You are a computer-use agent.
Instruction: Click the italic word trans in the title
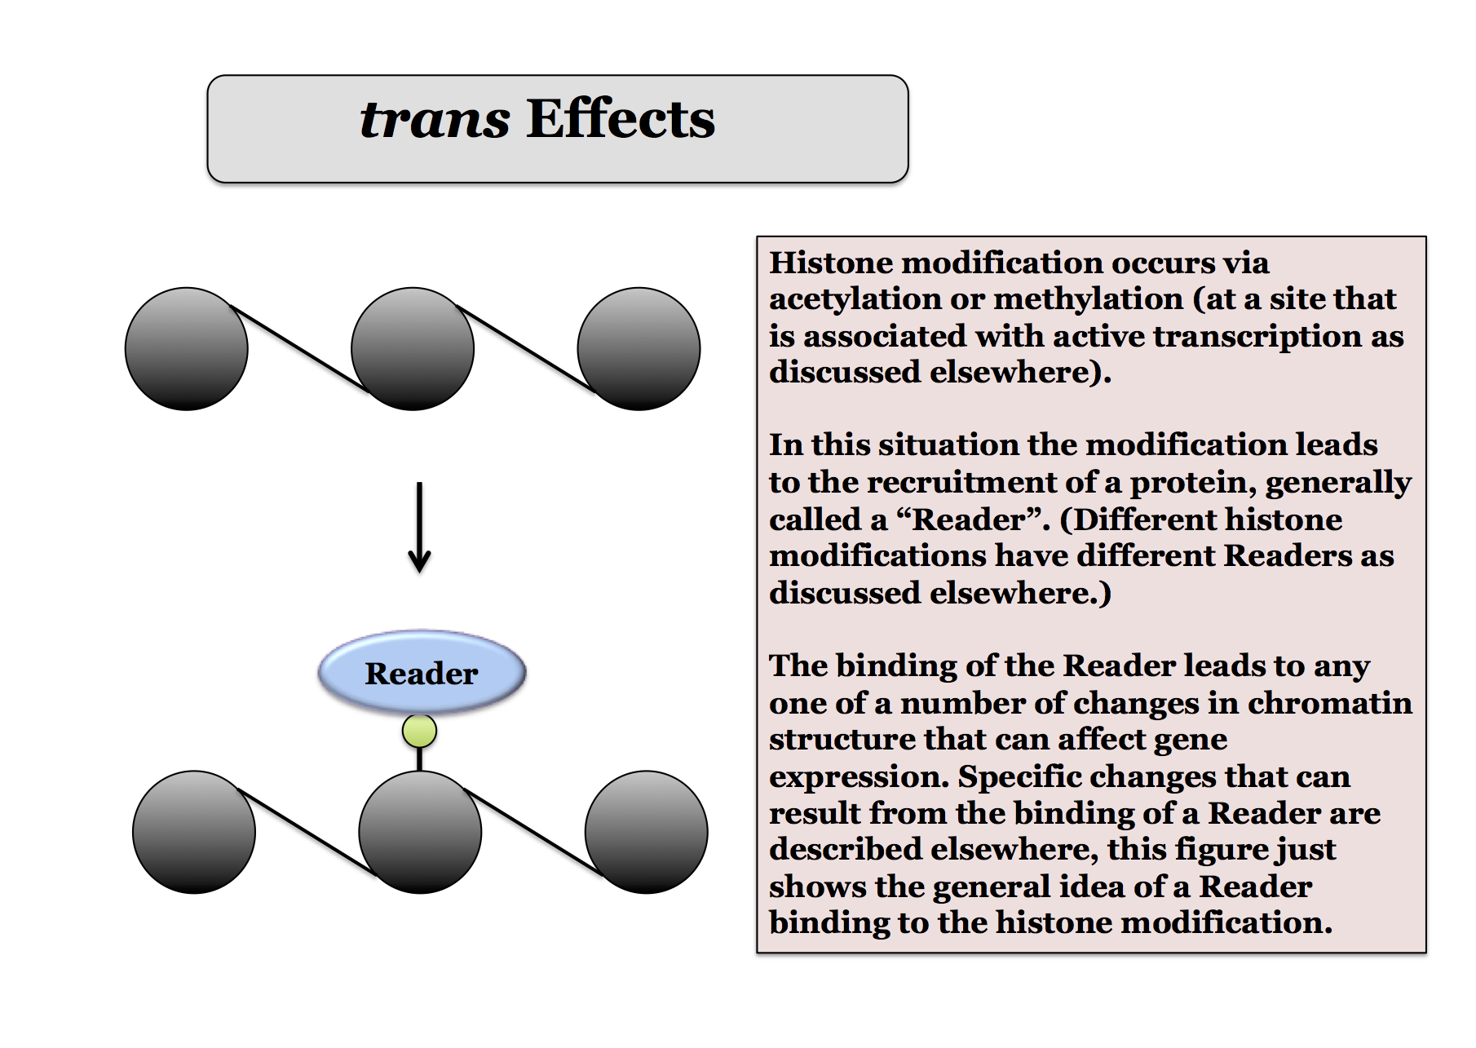[435, 119]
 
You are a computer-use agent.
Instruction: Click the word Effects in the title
[621, 119]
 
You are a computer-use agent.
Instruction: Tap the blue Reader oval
[422, 673]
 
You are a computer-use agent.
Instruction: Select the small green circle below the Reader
[419, 731]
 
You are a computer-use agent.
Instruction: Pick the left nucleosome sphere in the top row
[187, 348]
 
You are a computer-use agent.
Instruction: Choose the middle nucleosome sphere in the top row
[413, 348]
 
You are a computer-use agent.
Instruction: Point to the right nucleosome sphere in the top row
[639, 348]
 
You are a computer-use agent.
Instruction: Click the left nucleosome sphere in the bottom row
[194, 832]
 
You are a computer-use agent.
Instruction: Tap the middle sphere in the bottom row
[420, 832]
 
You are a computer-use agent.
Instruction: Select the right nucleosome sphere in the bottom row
[646, 832]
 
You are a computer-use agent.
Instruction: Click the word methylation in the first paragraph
[1088, 299]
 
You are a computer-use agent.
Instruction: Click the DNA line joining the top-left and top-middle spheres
[300, 348]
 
